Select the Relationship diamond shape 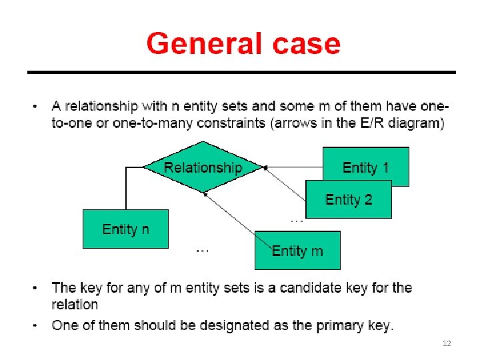203,167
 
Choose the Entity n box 125,229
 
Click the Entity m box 297,250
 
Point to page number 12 447,343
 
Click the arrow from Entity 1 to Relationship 293,167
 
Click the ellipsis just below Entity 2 297,219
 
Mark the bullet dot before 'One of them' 35,326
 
